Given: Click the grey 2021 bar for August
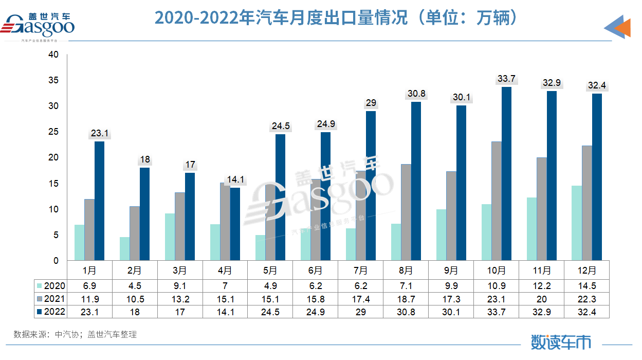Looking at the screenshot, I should coord(406,212).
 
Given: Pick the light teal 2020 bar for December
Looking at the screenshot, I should coord(577,223).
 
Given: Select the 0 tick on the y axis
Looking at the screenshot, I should coord(56,261).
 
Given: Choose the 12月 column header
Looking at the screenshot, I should coord(586,271).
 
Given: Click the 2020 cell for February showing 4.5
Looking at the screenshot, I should coord(135,286).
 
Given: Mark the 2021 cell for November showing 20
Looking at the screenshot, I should coord(542,299).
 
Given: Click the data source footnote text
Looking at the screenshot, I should coord(75,334).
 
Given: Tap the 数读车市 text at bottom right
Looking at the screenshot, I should coord(561,342).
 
